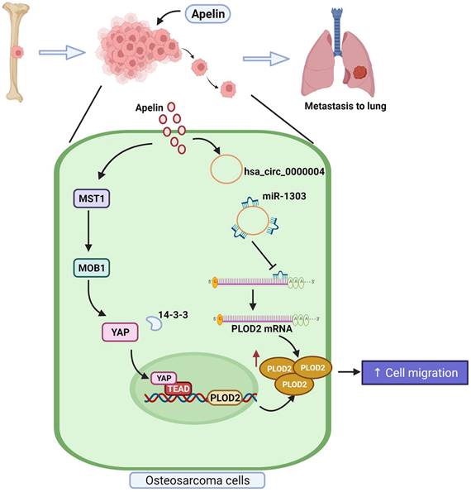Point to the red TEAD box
[177, 389]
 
